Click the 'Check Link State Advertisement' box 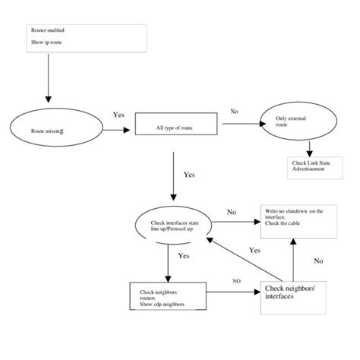point(311,166)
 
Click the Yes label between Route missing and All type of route point(118,115)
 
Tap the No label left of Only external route point(234,111)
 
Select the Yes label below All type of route point(190,174)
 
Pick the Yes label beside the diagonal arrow point(255,250)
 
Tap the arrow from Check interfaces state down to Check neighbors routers point(167,263)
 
